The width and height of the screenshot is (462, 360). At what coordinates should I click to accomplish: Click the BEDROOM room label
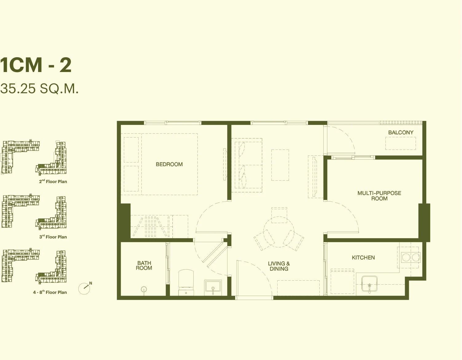pos(169,164)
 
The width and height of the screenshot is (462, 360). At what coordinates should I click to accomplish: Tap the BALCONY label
pos(401,133)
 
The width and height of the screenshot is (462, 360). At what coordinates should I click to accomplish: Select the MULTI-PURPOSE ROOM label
pos(379,196)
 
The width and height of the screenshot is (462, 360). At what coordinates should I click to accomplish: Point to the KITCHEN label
pos(363,258)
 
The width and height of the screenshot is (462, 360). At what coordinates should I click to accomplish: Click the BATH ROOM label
pos(144,266)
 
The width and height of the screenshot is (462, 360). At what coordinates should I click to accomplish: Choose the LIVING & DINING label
pos(279,266)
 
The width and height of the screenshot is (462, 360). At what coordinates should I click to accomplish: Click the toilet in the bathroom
pos(186,282)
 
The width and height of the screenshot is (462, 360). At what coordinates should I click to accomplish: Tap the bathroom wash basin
pos(213,287)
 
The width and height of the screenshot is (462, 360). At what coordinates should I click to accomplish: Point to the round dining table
pos(279,232)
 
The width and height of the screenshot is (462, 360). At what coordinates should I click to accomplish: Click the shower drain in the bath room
pos(144,289)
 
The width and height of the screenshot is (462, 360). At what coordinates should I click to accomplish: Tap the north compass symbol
pos(85,288)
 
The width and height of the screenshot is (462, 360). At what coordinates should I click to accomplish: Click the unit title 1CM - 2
pos(36,65)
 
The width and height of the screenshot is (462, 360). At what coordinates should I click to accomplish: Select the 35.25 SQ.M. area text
pos(39,89)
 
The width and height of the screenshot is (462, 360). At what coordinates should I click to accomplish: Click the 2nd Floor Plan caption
pos(53,182)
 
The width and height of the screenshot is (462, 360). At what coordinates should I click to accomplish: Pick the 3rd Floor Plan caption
pos(53,237)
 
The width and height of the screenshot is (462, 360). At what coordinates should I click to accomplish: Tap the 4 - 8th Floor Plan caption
pos(50,292)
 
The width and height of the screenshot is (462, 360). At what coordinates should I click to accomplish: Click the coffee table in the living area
pos(280,165)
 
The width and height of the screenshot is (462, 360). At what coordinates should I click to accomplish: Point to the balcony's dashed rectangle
pos(401,143)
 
